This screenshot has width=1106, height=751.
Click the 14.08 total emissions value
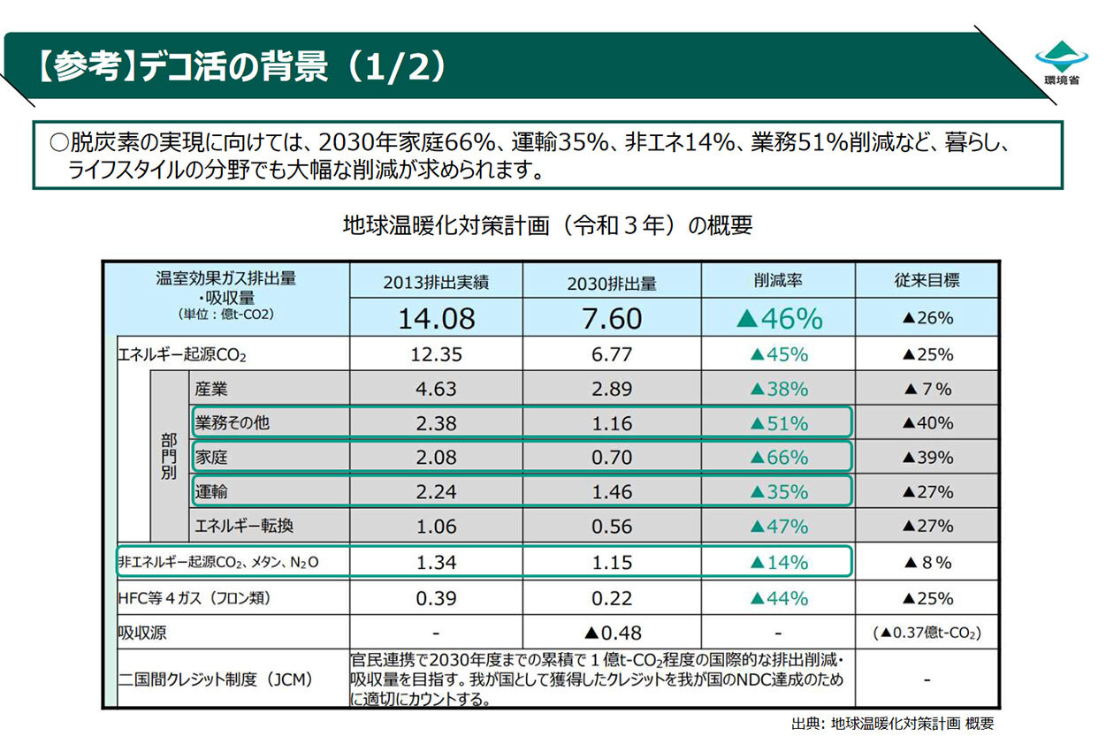436,318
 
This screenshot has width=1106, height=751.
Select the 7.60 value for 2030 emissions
612,318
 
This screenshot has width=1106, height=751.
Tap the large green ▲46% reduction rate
778,318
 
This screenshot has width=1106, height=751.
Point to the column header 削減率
778,281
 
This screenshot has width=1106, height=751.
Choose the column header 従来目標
927,281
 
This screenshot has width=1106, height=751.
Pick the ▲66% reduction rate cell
778,458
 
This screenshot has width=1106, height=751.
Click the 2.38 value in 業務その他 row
436,423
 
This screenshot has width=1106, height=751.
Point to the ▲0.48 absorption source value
612,633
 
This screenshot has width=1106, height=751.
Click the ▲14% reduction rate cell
778,562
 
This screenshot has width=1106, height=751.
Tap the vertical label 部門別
169,457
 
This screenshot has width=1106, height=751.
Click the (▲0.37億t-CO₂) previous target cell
927,633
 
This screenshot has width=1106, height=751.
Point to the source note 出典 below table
892,724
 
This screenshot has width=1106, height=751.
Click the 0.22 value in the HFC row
612,598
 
